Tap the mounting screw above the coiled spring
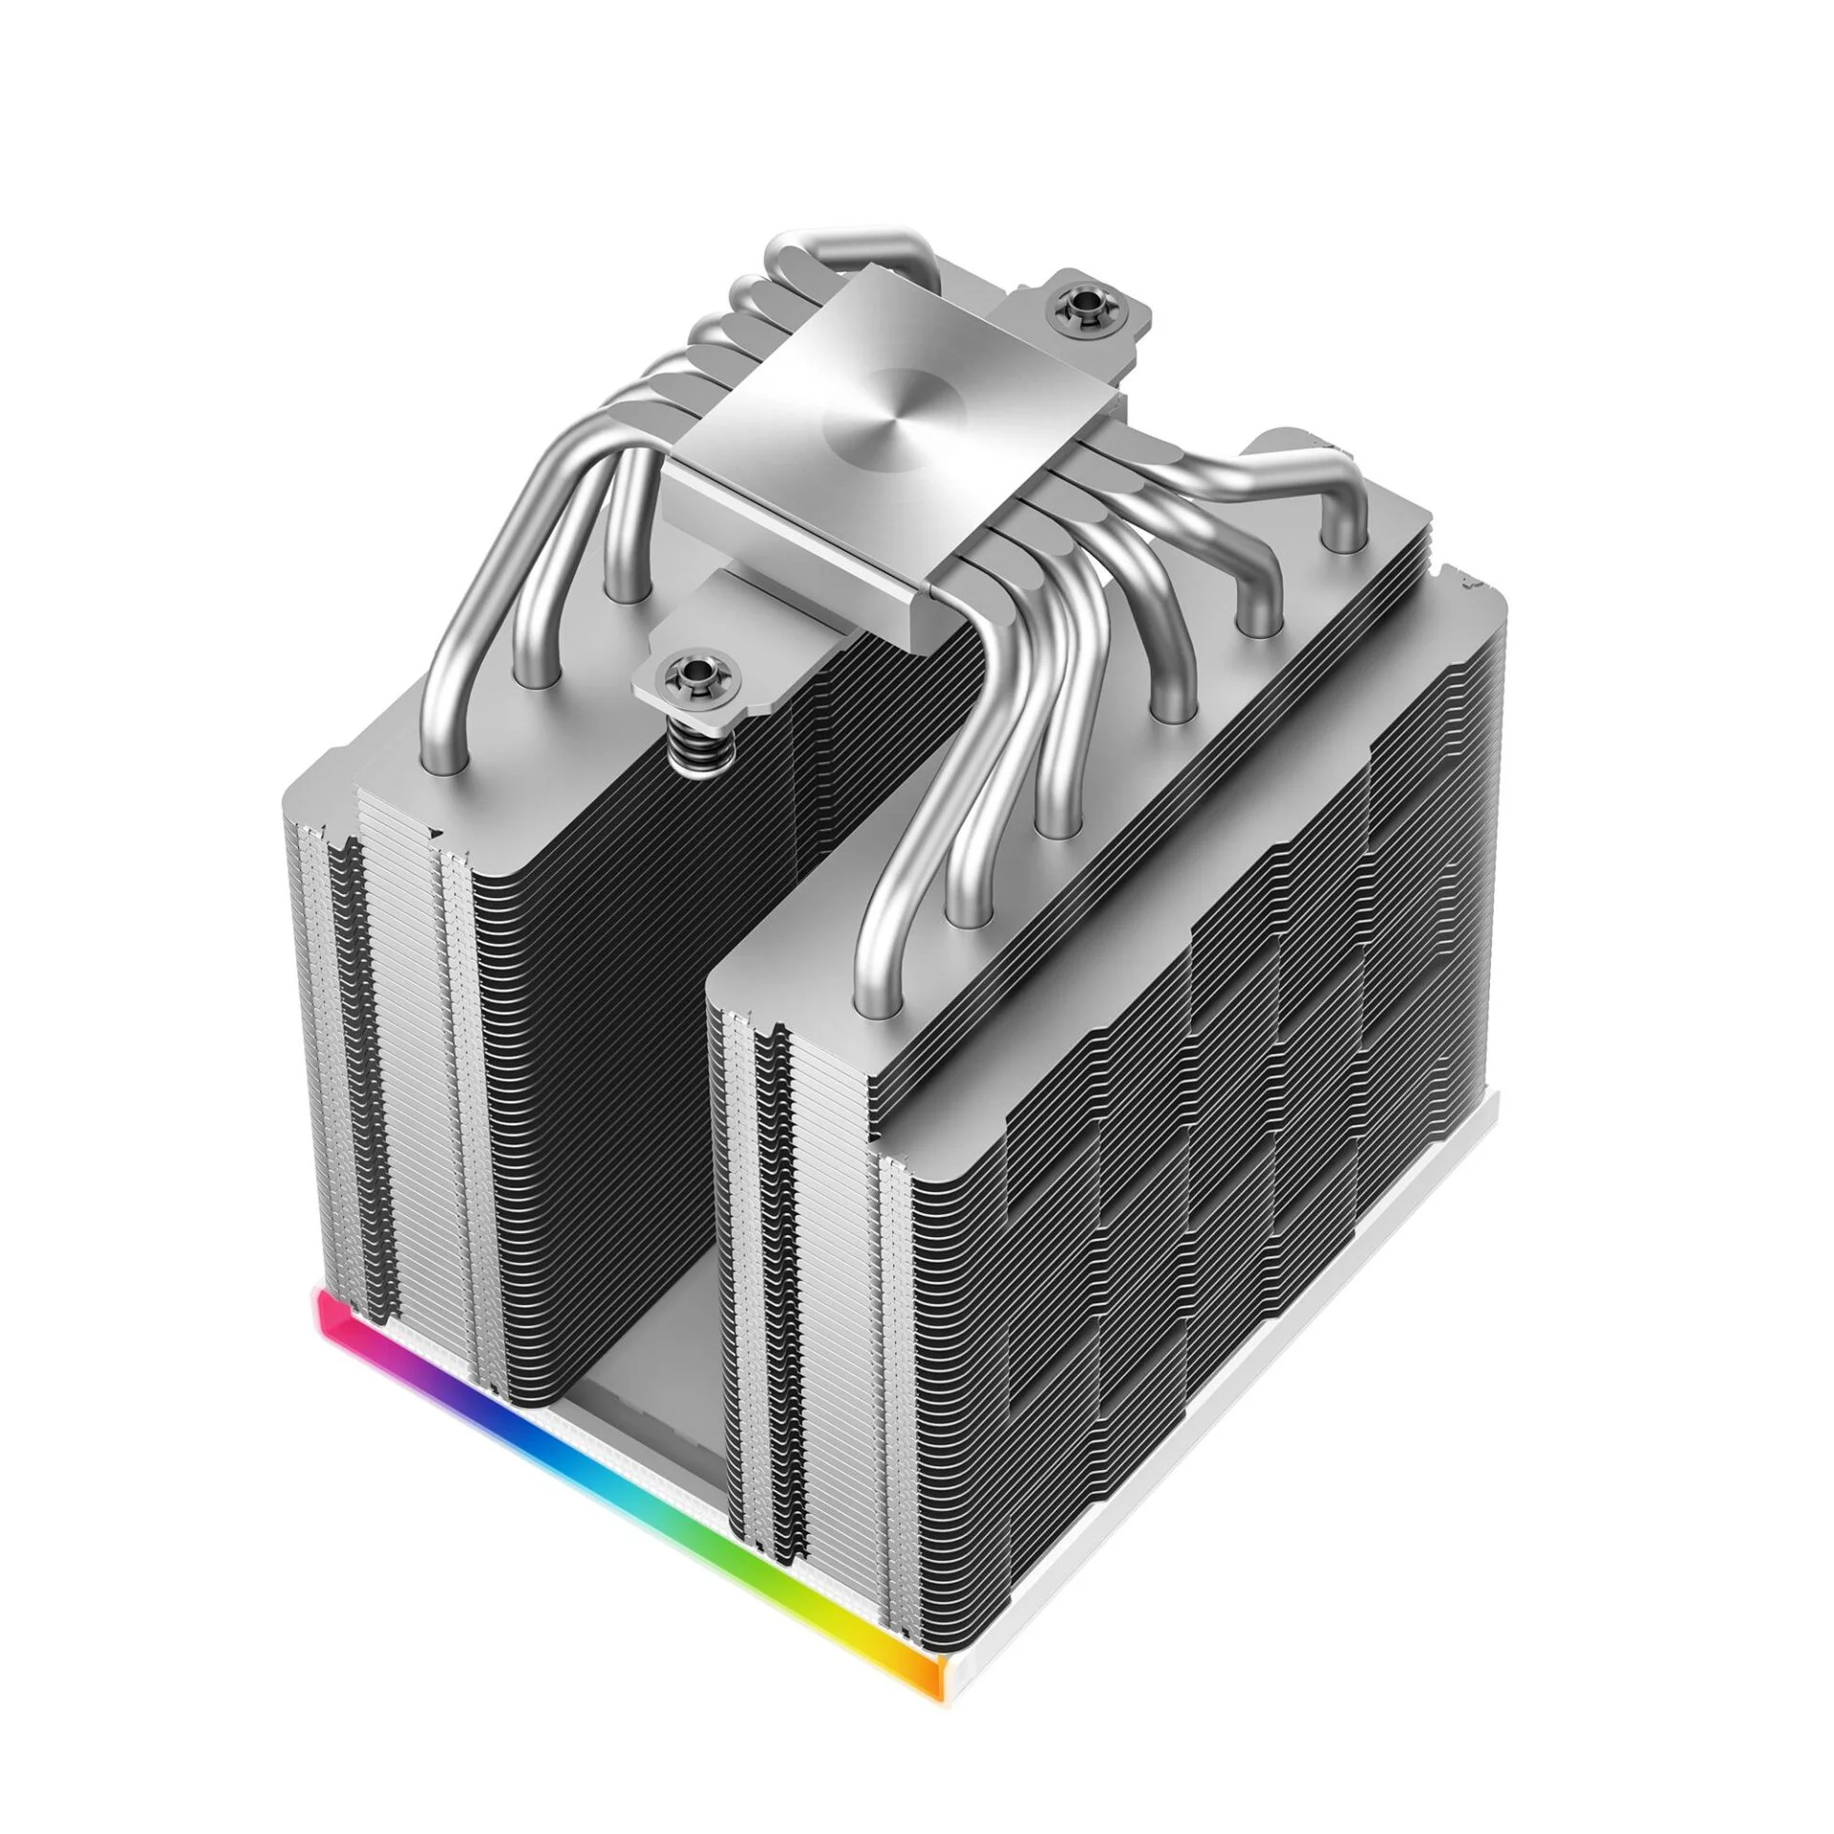[x=686, y=673]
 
